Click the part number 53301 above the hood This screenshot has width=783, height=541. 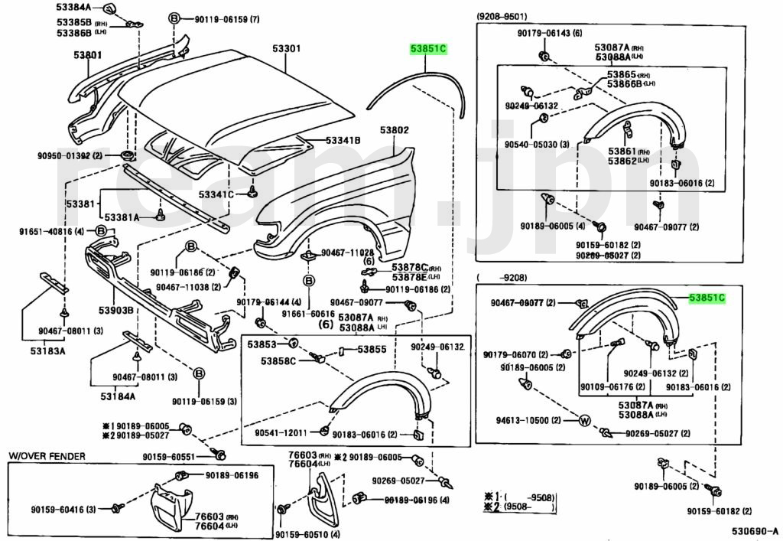click(x=287, y=48)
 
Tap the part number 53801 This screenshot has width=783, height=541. click(x=88, y=55)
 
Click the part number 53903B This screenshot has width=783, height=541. click(x=114, y=310)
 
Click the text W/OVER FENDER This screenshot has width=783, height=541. click(x=47, y=456)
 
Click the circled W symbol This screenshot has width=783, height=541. click(x=583, y=420)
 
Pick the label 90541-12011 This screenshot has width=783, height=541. click(x=281, y=432)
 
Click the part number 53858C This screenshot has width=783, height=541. click(x=281, y=361)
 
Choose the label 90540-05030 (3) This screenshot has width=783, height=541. click(x=537, y=144)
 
